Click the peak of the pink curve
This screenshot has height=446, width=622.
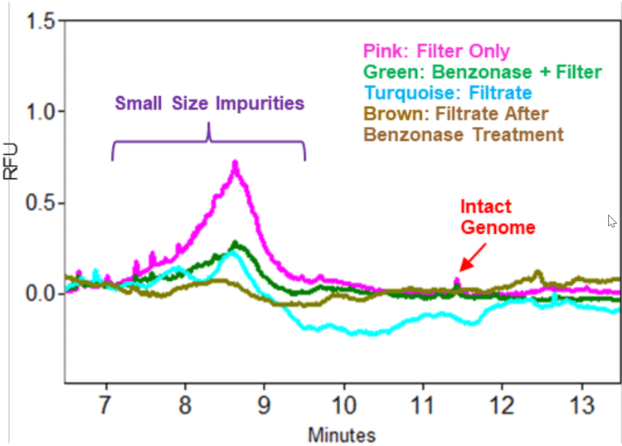[236, 164]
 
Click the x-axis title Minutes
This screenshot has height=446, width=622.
[342, 434]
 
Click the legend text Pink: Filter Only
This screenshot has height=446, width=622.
[435, 51]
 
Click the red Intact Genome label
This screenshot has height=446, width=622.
[487, 216]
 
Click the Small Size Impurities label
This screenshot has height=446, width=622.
[209, 104]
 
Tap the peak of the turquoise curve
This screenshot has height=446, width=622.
[233, 254]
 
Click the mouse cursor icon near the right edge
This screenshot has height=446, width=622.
[611, 221]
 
